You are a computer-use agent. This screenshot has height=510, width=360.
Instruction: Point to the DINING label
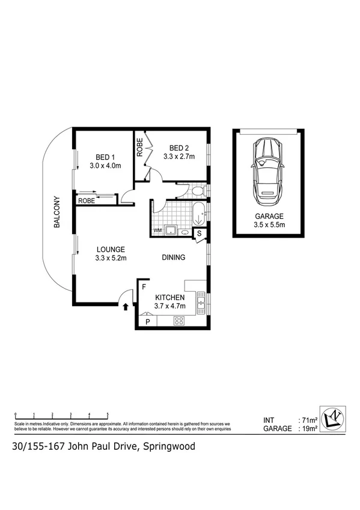click(173, 257)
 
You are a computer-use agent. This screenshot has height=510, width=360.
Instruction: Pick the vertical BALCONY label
click(57, 212)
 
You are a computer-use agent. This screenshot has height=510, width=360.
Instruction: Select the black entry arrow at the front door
click(125, 307)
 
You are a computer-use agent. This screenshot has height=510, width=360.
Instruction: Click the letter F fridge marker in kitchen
click(144, 287)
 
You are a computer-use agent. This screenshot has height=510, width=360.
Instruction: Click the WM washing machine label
click(157, 230)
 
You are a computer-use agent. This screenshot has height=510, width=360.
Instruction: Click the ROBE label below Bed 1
click(86, 201)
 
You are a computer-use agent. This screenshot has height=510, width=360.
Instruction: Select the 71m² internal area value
click(310, 420)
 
